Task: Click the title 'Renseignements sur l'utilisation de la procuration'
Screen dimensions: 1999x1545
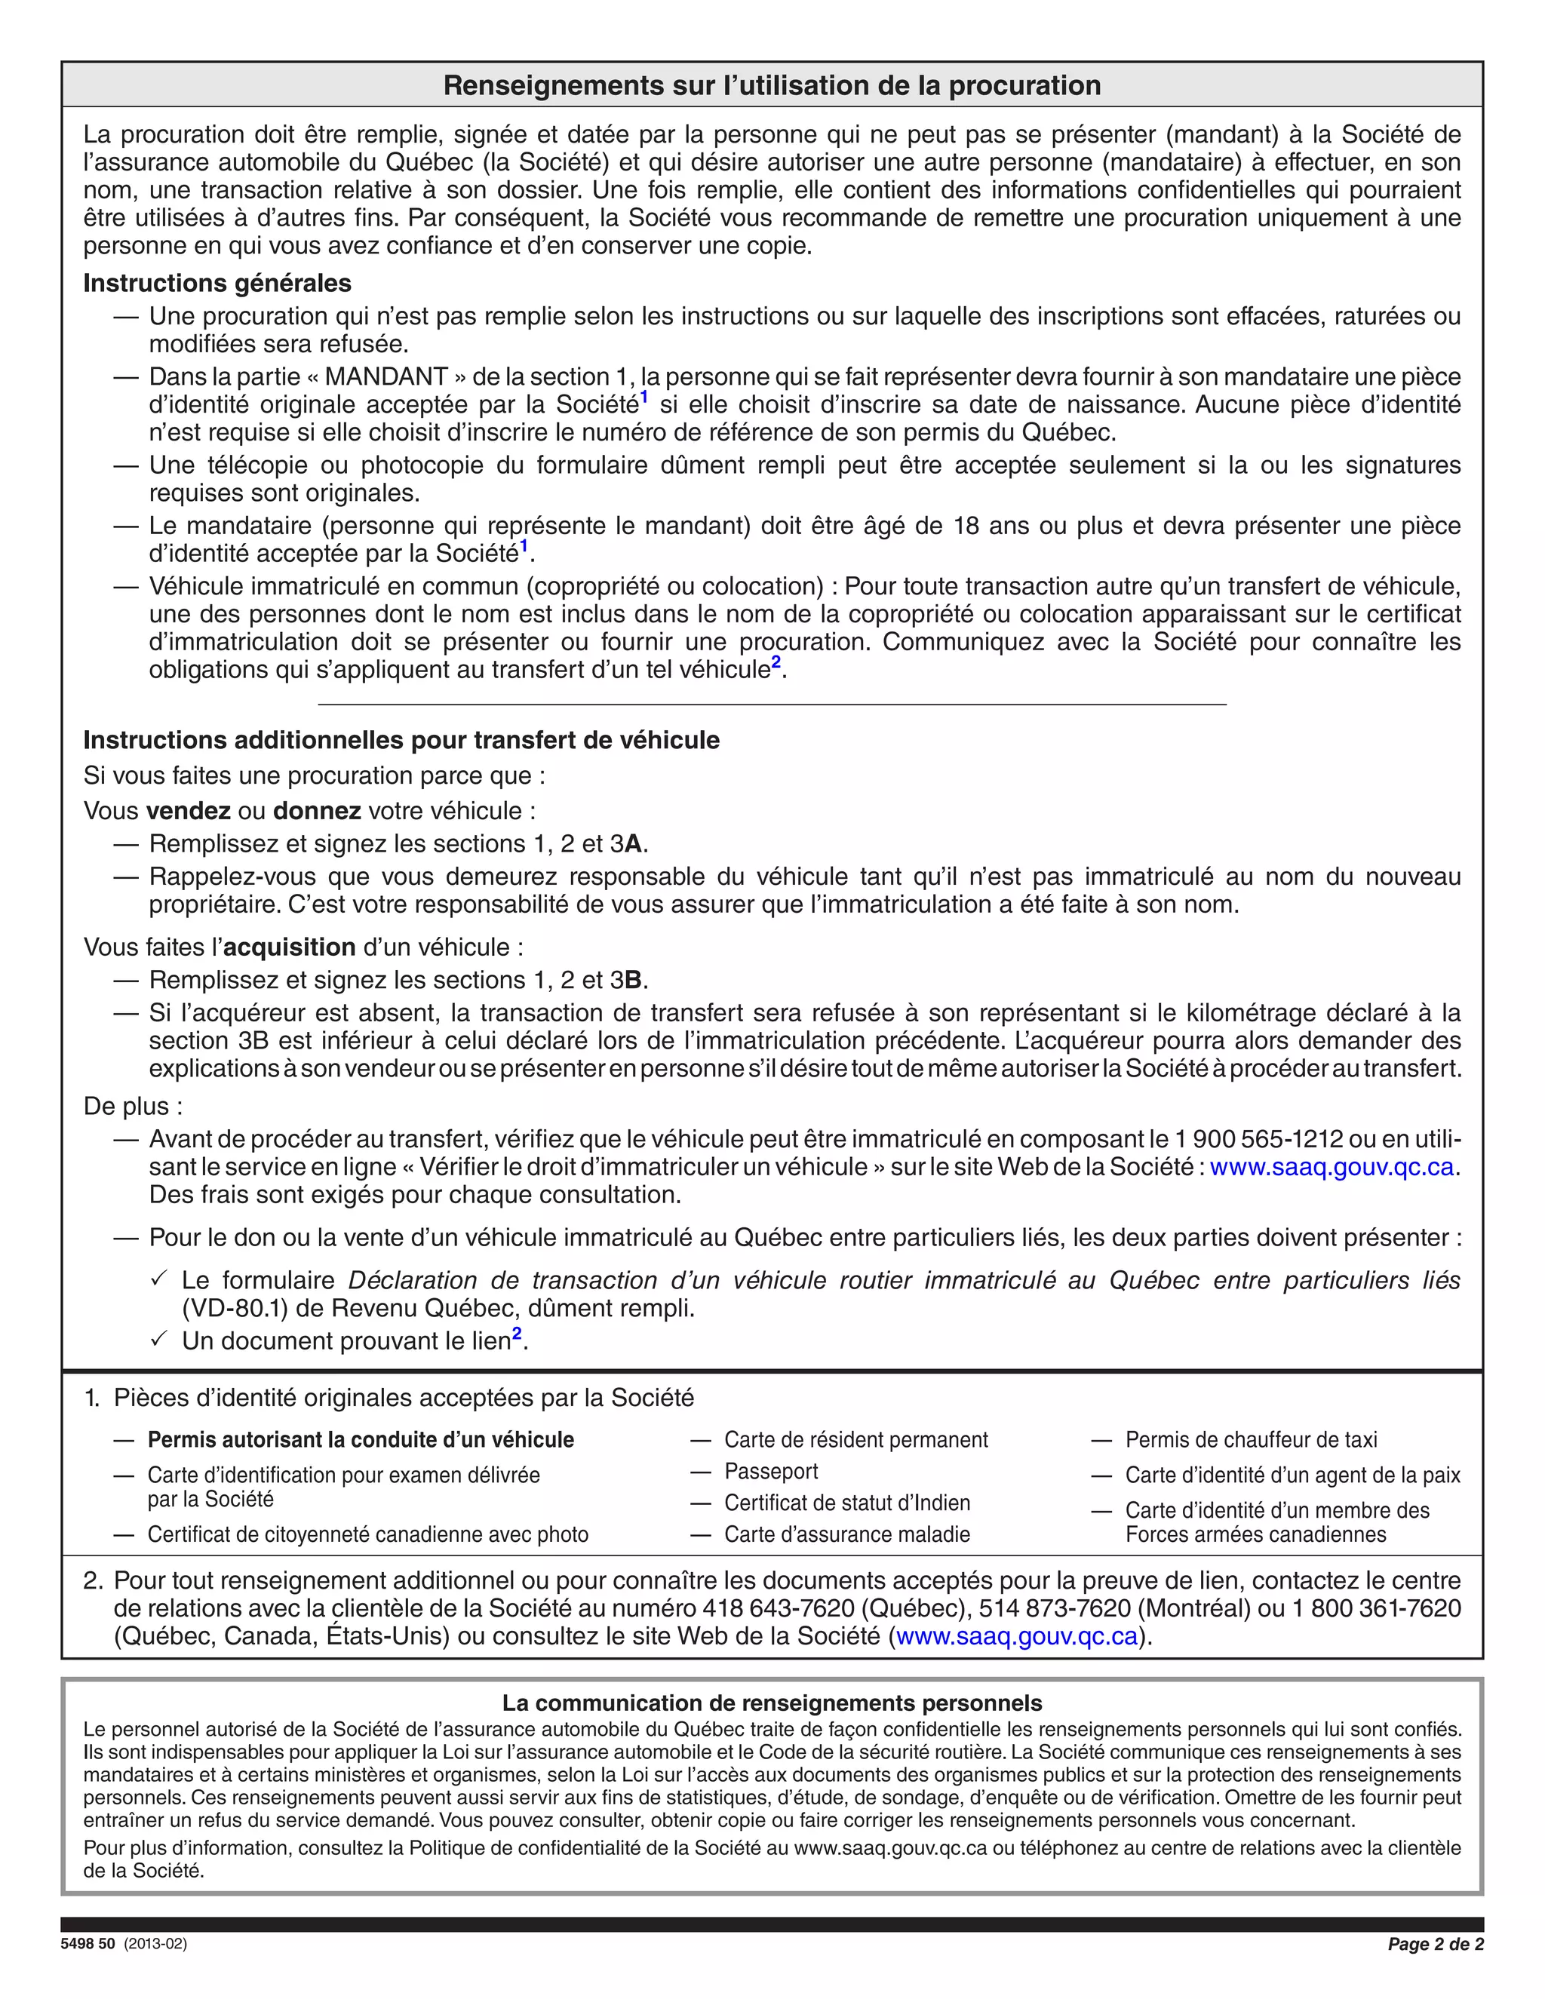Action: [x=772, y=85]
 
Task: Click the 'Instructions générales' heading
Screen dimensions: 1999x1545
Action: [x=217, y=283]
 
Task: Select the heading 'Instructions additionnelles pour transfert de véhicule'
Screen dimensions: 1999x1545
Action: [x=401, y=739]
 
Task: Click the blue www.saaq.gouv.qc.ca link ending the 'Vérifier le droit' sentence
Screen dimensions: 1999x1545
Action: [x=1332, y=1167]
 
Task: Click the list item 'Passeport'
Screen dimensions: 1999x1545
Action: [x=771, y=1471]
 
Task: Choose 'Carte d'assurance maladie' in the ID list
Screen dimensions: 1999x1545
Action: [x=846, y=1534]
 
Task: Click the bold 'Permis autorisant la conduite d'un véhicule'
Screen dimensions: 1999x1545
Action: [x=361, y=1440]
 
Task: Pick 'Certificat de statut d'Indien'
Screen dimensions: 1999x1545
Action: [x=846, y=1503]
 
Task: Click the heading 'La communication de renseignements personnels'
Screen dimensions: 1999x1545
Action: [x=772, y=1703]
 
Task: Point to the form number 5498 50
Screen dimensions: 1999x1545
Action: [x=88, y=1944]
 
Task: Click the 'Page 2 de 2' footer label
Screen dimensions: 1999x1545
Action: [x=1435, y=1944]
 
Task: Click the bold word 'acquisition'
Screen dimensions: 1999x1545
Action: [x=289, y=947]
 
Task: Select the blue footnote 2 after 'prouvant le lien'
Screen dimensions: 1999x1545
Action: [x=517, y=1335]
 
